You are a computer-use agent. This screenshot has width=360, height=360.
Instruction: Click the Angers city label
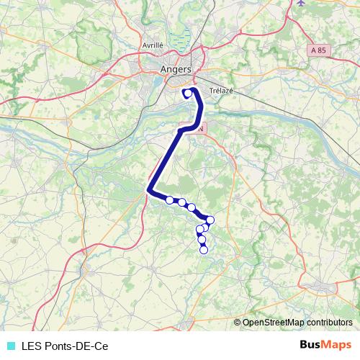click(x=176, y=69)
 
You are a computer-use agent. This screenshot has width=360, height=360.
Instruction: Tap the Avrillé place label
click(x=153, y=44)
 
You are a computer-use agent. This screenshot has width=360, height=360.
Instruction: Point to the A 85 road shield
click(x=319, y=50)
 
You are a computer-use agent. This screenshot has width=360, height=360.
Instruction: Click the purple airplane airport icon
click(x=300, y=3)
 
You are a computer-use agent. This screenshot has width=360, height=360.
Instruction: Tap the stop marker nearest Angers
click(x=188, y=92)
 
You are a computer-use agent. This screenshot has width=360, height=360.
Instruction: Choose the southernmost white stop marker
click(x=204, y=250)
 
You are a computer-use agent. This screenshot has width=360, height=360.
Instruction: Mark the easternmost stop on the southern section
click(x=210, y=220)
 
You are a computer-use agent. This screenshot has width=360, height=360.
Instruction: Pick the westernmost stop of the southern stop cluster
click(x=170, y=200)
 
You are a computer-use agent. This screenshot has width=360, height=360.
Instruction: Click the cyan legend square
click(x=10, y=346)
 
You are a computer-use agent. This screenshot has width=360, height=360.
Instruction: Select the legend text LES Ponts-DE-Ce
click(x=65, y=346)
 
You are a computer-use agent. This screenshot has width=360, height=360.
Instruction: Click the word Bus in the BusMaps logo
click(x=310, y=346)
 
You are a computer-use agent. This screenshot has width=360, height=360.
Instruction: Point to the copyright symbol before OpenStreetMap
click(x=238, y=323)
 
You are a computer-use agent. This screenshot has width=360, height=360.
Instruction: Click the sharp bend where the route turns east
click(x=149, y=190)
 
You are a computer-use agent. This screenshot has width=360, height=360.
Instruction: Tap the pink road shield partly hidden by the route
click(x=202, y=127)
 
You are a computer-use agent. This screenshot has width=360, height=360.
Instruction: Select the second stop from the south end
click(x=202, y=240)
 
